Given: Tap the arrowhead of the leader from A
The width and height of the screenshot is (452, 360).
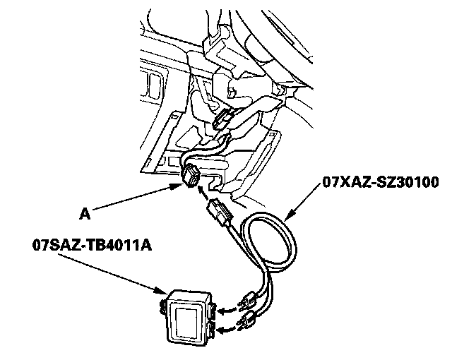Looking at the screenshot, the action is pos(177,186).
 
